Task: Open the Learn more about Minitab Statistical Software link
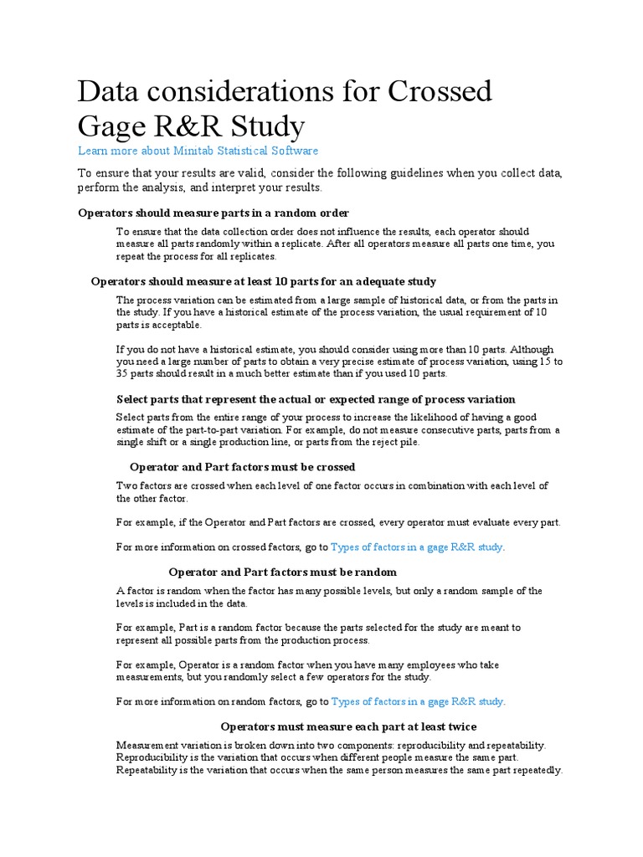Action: [x=198, y=151]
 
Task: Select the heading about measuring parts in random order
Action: [x=213, y=213]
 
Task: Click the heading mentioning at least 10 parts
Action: [x=263, y=281]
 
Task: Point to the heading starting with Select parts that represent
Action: [x=316, y=399]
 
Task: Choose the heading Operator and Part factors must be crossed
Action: [x=243, y=467]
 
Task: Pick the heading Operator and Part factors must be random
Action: [x=283, y=572]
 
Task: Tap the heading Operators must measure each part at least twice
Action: [x=348, y=726]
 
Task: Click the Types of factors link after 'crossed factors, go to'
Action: [x=418, y=547]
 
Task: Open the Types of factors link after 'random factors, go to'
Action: [x=418, y=701]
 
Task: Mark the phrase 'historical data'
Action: [x=451, y=300]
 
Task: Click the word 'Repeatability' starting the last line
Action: [x=148, y=769]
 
